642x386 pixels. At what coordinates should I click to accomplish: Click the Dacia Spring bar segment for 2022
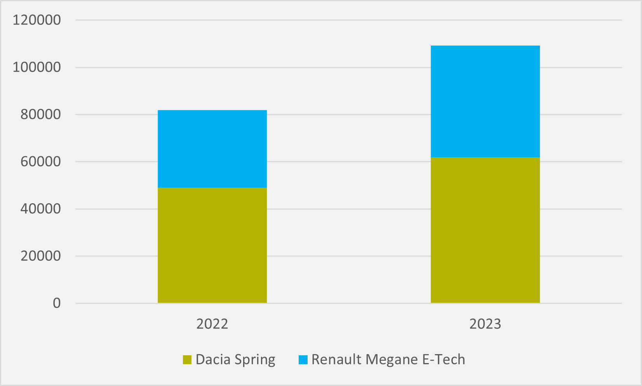212,245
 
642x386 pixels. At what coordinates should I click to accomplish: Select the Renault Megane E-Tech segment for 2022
212,149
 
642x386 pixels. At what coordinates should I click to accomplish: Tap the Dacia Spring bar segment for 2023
485,230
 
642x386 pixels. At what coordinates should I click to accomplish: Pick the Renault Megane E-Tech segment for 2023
485,101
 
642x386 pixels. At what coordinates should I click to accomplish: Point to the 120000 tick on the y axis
37,20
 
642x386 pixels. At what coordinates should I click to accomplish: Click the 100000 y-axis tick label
37,67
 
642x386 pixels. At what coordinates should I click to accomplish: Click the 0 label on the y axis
57,303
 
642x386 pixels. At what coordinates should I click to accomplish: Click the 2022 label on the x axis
212,324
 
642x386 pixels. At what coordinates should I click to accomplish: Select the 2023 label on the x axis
485,324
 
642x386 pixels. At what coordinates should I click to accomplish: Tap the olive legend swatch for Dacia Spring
187,360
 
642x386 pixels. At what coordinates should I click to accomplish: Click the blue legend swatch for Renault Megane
303,360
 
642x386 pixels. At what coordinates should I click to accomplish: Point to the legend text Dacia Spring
235,360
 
